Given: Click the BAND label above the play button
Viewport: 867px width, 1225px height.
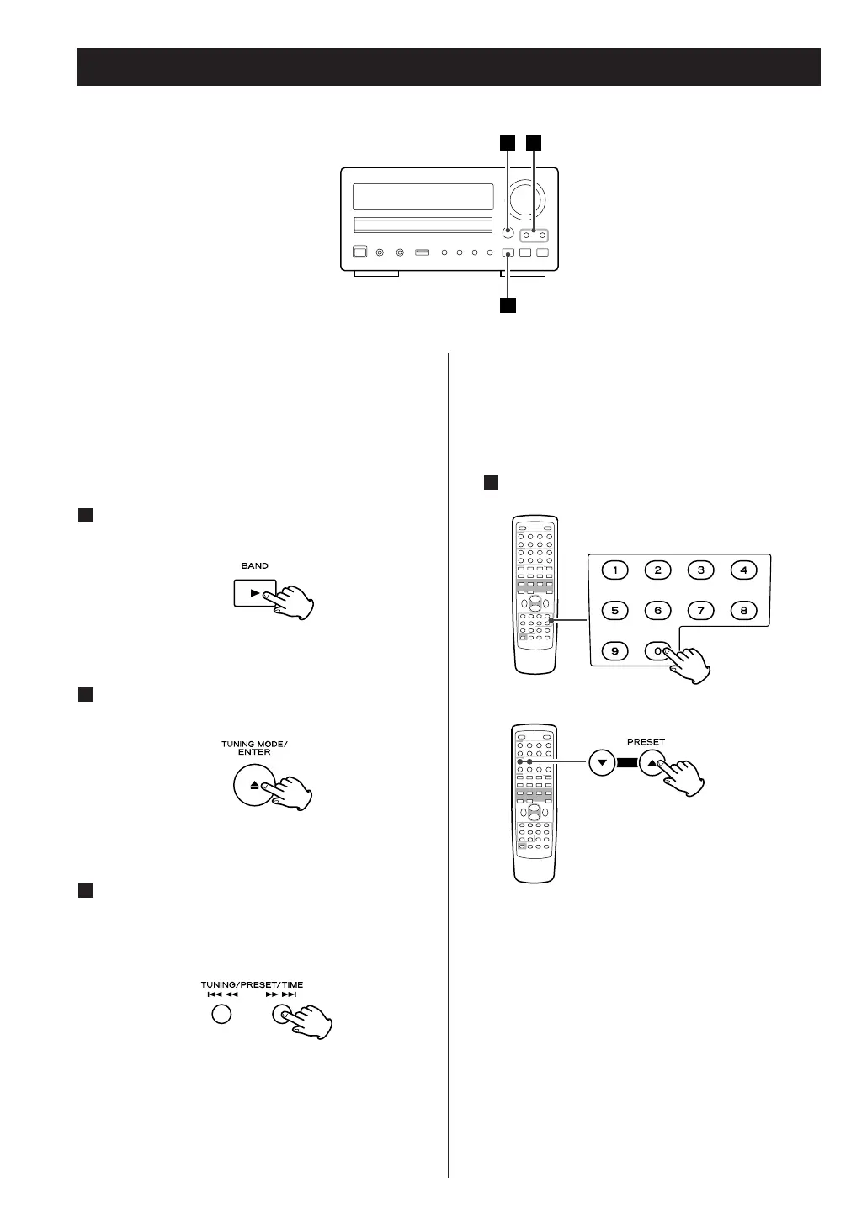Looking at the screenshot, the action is click(255, 566).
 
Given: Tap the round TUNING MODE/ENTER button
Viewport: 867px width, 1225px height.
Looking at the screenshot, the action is click(255, 785).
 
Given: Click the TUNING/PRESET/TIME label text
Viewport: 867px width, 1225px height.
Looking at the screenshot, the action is click(252, 984).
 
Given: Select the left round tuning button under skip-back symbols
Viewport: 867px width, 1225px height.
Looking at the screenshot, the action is click(221, 1014).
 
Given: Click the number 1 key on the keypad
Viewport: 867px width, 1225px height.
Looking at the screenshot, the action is click(615, 570).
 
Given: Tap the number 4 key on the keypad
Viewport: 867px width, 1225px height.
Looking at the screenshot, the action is click(743, 570).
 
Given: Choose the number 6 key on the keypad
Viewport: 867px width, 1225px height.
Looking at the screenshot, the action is click(658, 611).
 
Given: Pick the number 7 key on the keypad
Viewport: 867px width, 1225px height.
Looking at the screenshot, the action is click(700, 611).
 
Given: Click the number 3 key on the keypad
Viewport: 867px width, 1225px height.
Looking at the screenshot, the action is click(700, 570).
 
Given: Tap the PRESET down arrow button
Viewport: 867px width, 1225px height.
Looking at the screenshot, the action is click(602, 764).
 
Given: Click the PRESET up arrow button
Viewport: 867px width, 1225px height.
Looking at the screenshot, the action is click(652, 764).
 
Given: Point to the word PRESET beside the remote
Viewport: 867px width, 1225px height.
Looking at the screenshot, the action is click(646, 742).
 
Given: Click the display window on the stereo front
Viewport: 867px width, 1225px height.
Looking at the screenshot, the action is click(423, 198).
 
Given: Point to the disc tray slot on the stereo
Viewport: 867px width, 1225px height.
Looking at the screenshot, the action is click(423, 225).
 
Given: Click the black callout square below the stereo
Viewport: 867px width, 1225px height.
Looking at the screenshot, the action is click(508, 305).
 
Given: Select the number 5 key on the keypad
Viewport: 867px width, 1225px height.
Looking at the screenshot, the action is click(615, 611).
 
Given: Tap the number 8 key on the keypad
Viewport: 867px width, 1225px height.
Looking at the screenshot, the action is click(743, 611).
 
